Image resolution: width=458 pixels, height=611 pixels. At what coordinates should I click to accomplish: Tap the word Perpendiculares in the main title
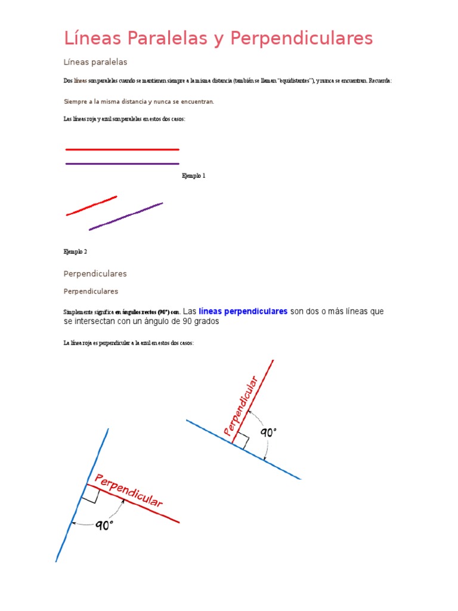301,39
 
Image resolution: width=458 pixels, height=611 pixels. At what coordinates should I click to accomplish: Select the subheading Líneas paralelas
95,62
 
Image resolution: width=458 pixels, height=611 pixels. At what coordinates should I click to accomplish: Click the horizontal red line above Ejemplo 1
122,149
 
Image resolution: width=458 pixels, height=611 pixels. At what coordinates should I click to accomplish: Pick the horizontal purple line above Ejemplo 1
122,163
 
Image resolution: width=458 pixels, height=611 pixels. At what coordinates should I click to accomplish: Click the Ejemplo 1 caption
193,176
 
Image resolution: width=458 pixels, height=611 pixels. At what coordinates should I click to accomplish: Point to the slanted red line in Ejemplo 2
91,205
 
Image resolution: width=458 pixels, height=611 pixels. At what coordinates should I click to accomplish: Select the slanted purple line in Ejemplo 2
126,217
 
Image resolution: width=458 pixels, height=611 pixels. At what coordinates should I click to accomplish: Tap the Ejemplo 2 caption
75,252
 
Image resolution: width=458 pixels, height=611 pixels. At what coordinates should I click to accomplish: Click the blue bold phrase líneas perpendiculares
243,311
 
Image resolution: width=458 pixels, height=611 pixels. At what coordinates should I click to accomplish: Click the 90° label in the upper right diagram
268,433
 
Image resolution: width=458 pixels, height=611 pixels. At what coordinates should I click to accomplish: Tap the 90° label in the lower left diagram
104,526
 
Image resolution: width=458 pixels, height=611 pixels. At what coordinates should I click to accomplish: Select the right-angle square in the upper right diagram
242,441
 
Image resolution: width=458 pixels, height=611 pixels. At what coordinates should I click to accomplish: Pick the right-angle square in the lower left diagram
89,492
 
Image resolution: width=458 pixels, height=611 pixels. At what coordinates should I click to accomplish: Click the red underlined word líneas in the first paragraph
81,81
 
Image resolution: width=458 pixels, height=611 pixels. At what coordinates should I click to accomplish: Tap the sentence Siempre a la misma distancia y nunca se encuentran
138,101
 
